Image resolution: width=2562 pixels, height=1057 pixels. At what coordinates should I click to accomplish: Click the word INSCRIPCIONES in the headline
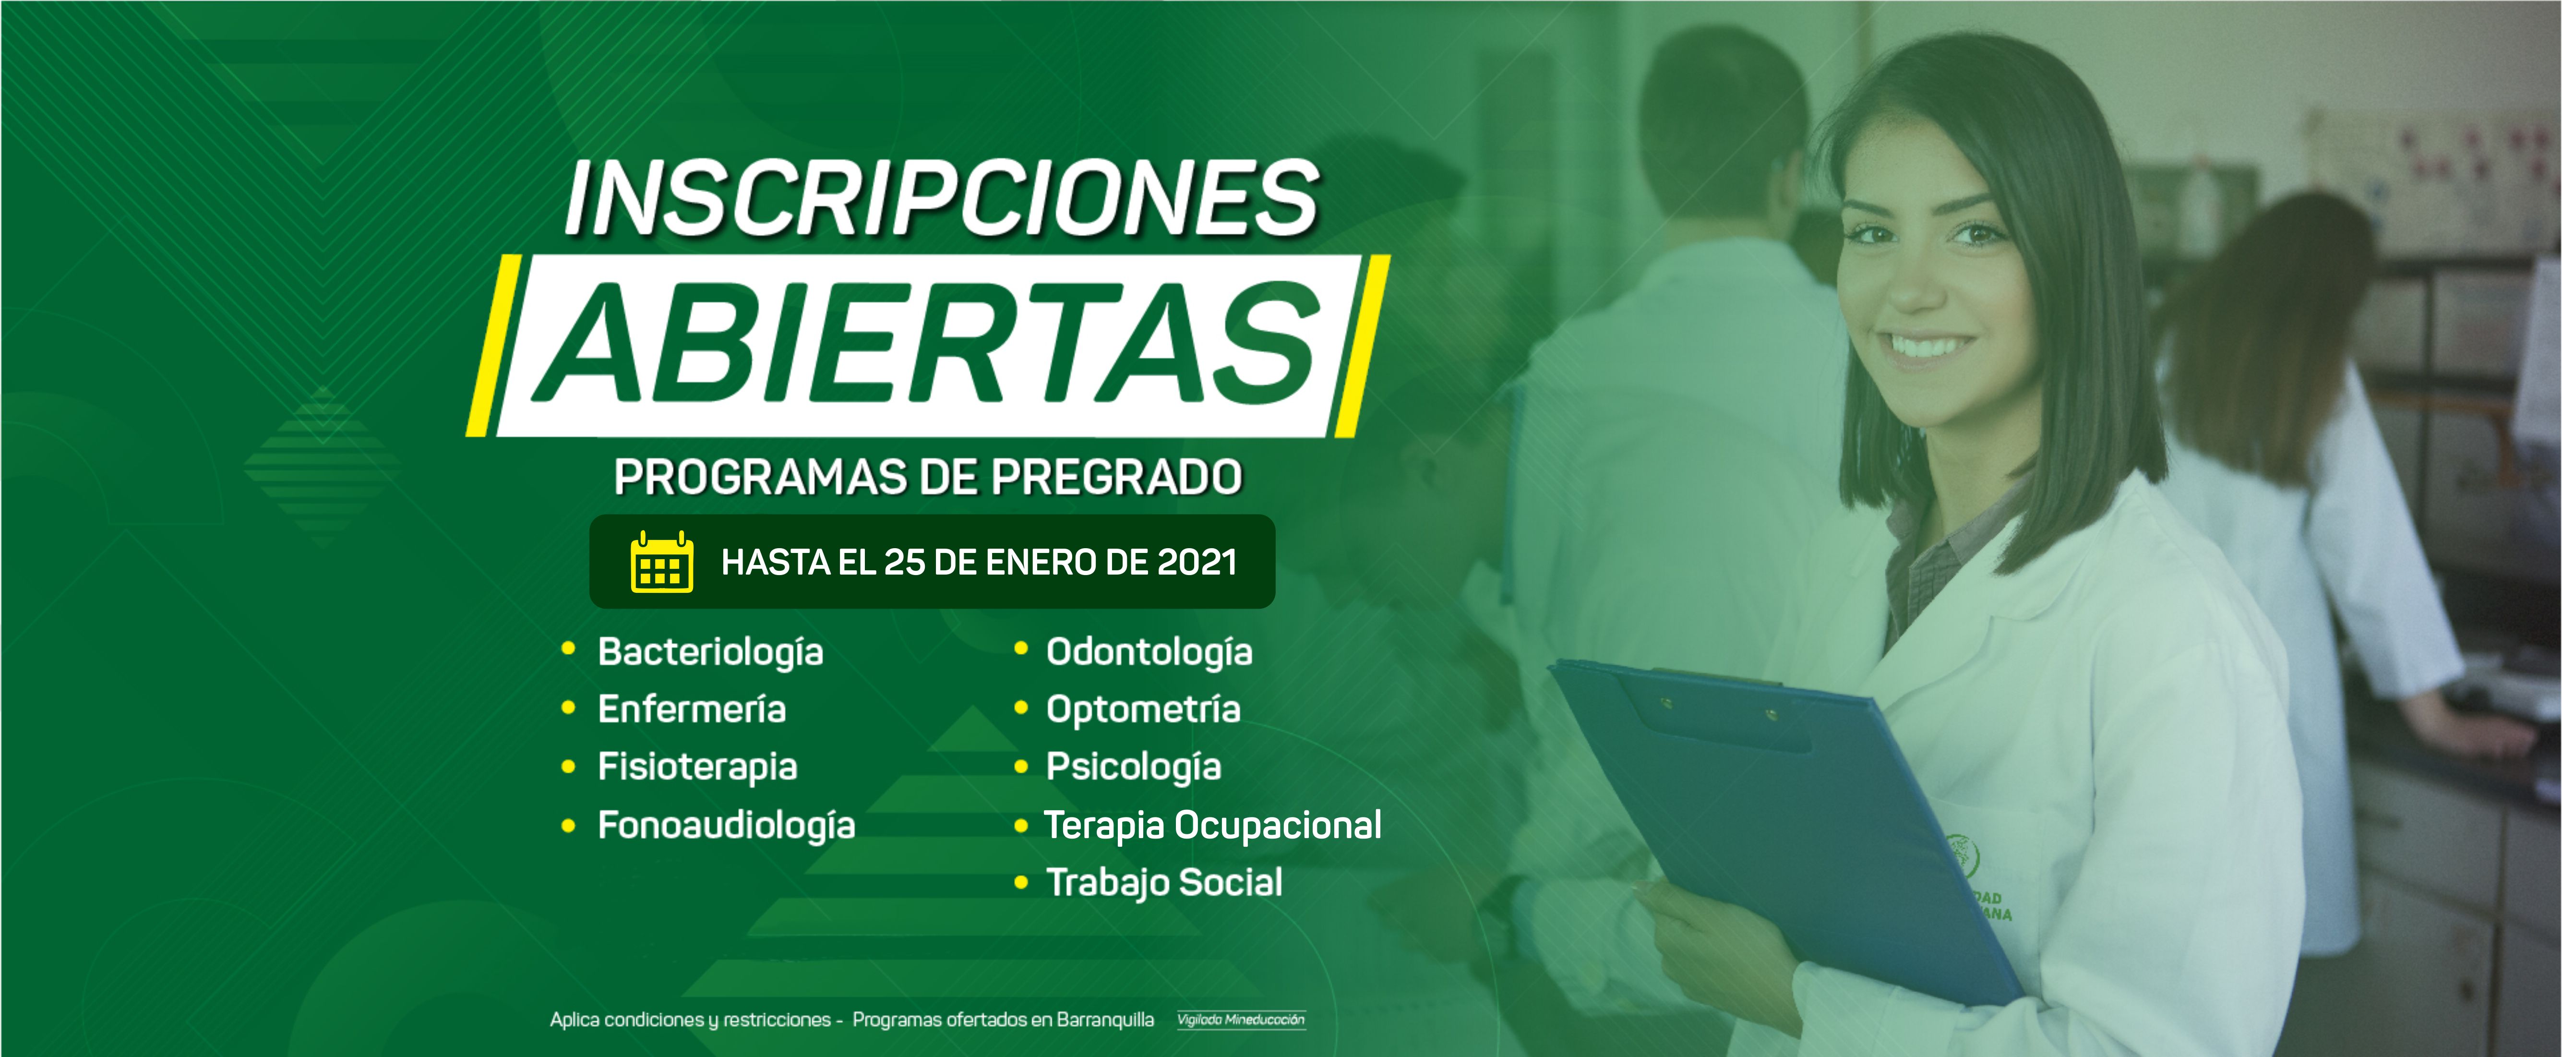[942, 199]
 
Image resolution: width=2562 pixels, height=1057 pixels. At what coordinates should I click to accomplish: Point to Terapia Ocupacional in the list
[1212, 825]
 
